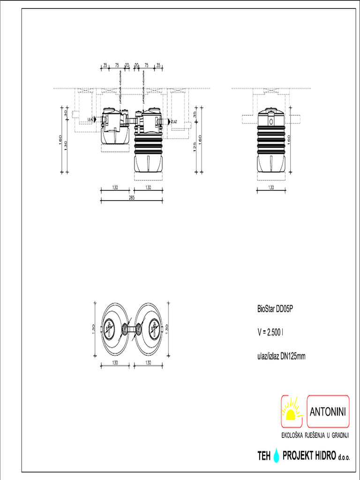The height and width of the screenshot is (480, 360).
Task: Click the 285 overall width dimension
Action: point(131,198)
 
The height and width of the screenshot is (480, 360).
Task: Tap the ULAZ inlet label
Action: point(90,120)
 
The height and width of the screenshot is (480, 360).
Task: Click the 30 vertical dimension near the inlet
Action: point(66,113)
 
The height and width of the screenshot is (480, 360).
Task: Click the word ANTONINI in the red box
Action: point(328,412)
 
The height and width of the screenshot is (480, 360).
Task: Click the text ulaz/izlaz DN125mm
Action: point(281,356)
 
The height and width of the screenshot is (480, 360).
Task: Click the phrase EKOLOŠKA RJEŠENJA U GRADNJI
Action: point(315,436)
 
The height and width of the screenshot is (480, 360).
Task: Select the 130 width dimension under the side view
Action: point(271,187)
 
